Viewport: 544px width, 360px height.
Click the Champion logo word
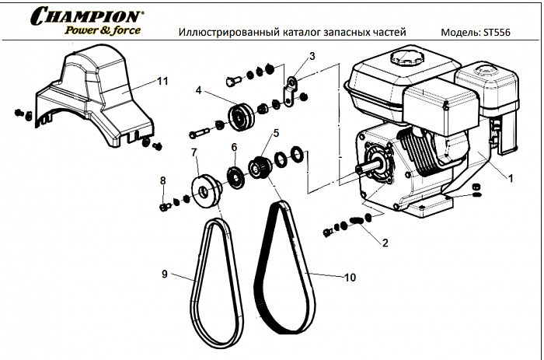click(x=88, y=15)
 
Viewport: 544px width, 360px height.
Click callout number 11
click(x=162, y=81)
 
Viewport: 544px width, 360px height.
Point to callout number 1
click(x=511, y=178)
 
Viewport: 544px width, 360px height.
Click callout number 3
click(x=312, y=56)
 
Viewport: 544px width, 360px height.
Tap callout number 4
click(x=199, y=91)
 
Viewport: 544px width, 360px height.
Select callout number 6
click(x=233, y=147)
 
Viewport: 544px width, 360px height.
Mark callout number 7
click(x=194, y=151)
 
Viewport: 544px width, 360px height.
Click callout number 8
click(x=162, y=180)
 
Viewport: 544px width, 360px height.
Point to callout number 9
click(x=165, y=274)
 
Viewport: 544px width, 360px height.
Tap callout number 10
click(x=350, y=276)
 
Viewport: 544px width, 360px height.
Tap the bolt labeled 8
click(x=166, y=206)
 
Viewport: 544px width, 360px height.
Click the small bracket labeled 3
click(x=291, y=91)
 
